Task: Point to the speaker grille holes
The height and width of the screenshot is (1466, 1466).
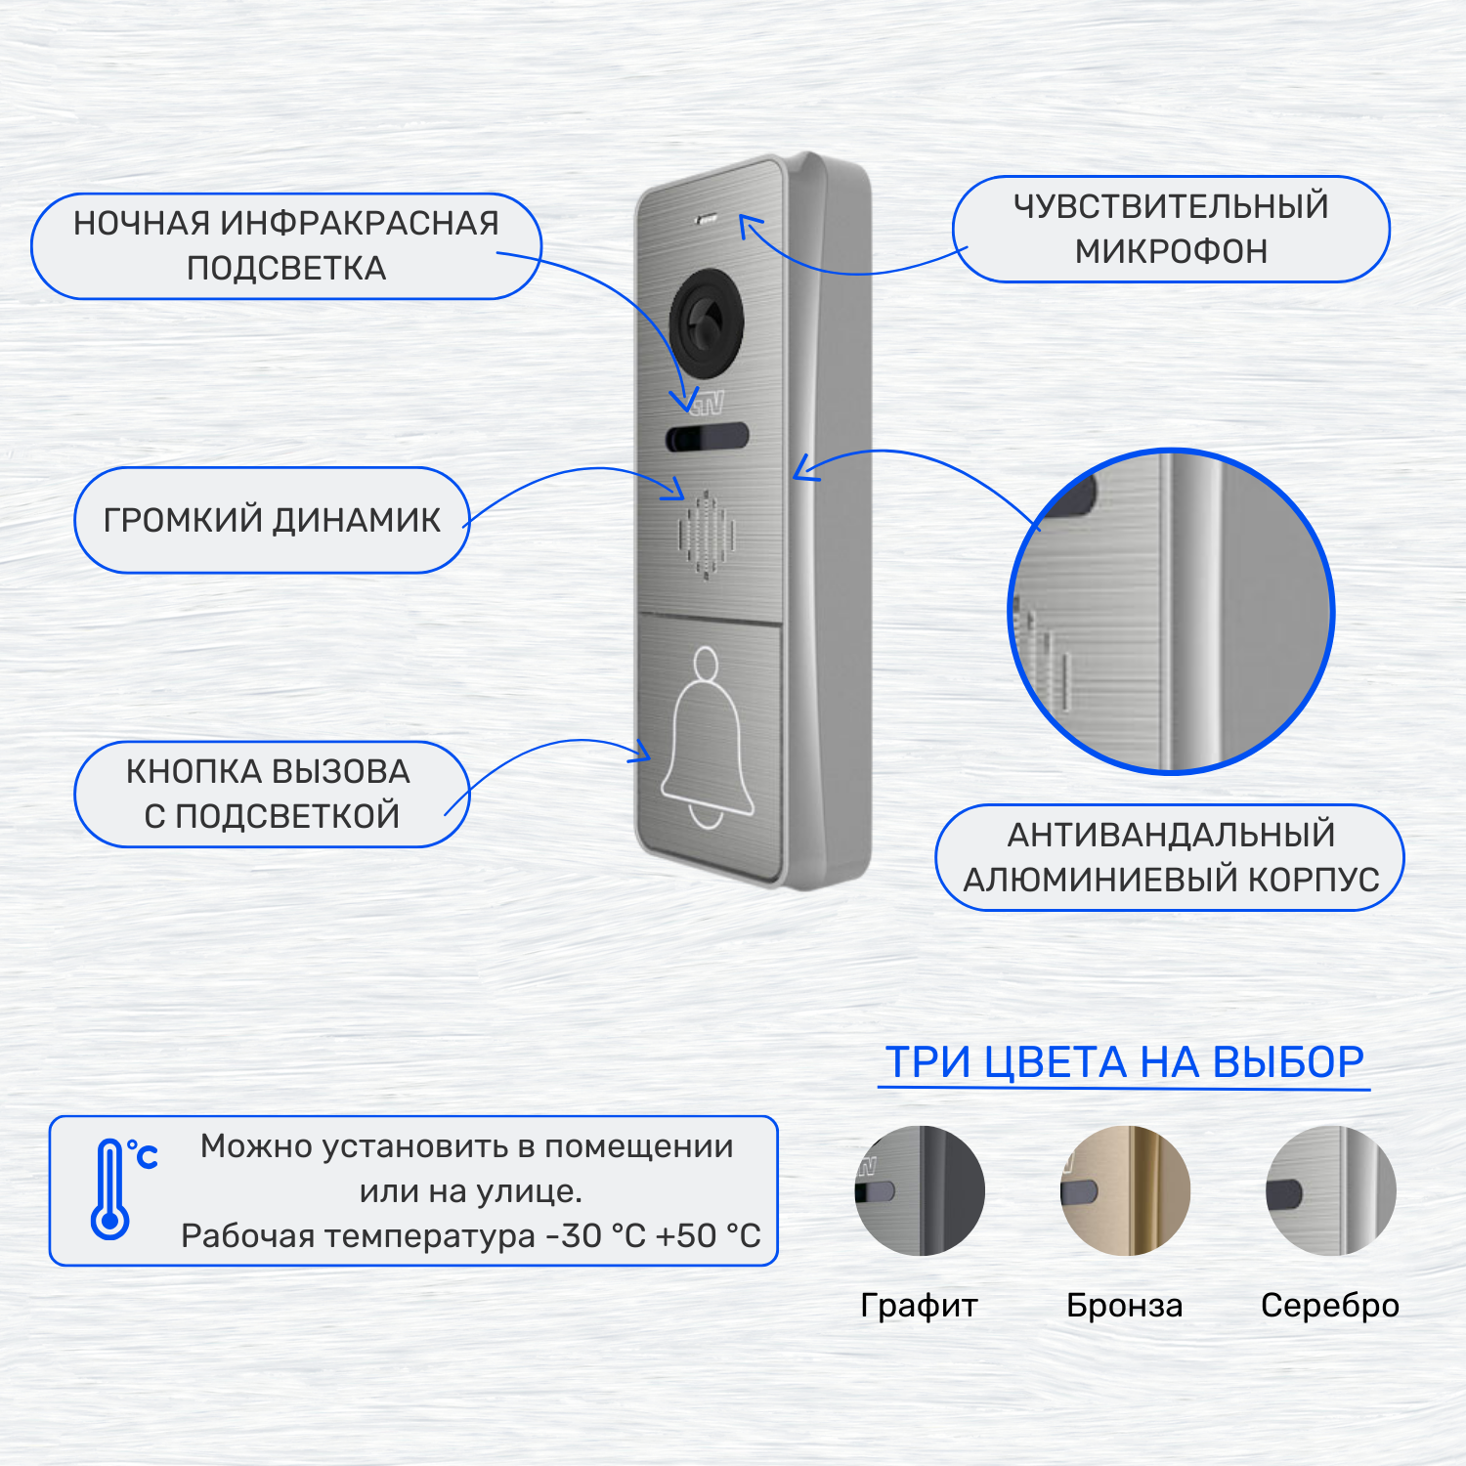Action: coord(706,535)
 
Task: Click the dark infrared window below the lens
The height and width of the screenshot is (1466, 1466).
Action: coord(707,437)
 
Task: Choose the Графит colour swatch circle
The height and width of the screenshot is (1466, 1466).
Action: coord(920,1190)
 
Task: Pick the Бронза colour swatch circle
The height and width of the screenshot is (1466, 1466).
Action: coord(1125,1190)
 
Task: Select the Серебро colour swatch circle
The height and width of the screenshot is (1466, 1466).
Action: coord(1330,1190)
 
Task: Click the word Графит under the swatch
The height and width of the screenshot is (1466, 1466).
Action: coord(919,1306)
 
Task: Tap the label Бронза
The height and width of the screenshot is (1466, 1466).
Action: coord(1124,1306)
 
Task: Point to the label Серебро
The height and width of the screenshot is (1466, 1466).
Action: coord(1329,1306)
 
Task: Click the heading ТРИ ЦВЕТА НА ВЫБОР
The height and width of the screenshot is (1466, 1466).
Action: coord(1124,1062)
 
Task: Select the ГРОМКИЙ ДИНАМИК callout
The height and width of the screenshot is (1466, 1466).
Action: coord(272,520)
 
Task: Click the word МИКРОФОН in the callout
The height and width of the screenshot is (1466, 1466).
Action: coord(1171,252)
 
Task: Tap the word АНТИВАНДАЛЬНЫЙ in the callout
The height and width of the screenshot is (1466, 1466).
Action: coord(1171,835)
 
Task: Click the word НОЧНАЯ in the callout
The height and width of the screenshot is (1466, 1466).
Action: coord(142,224)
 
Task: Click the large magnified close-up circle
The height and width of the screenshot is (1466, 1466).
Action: coord(1171,612)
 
